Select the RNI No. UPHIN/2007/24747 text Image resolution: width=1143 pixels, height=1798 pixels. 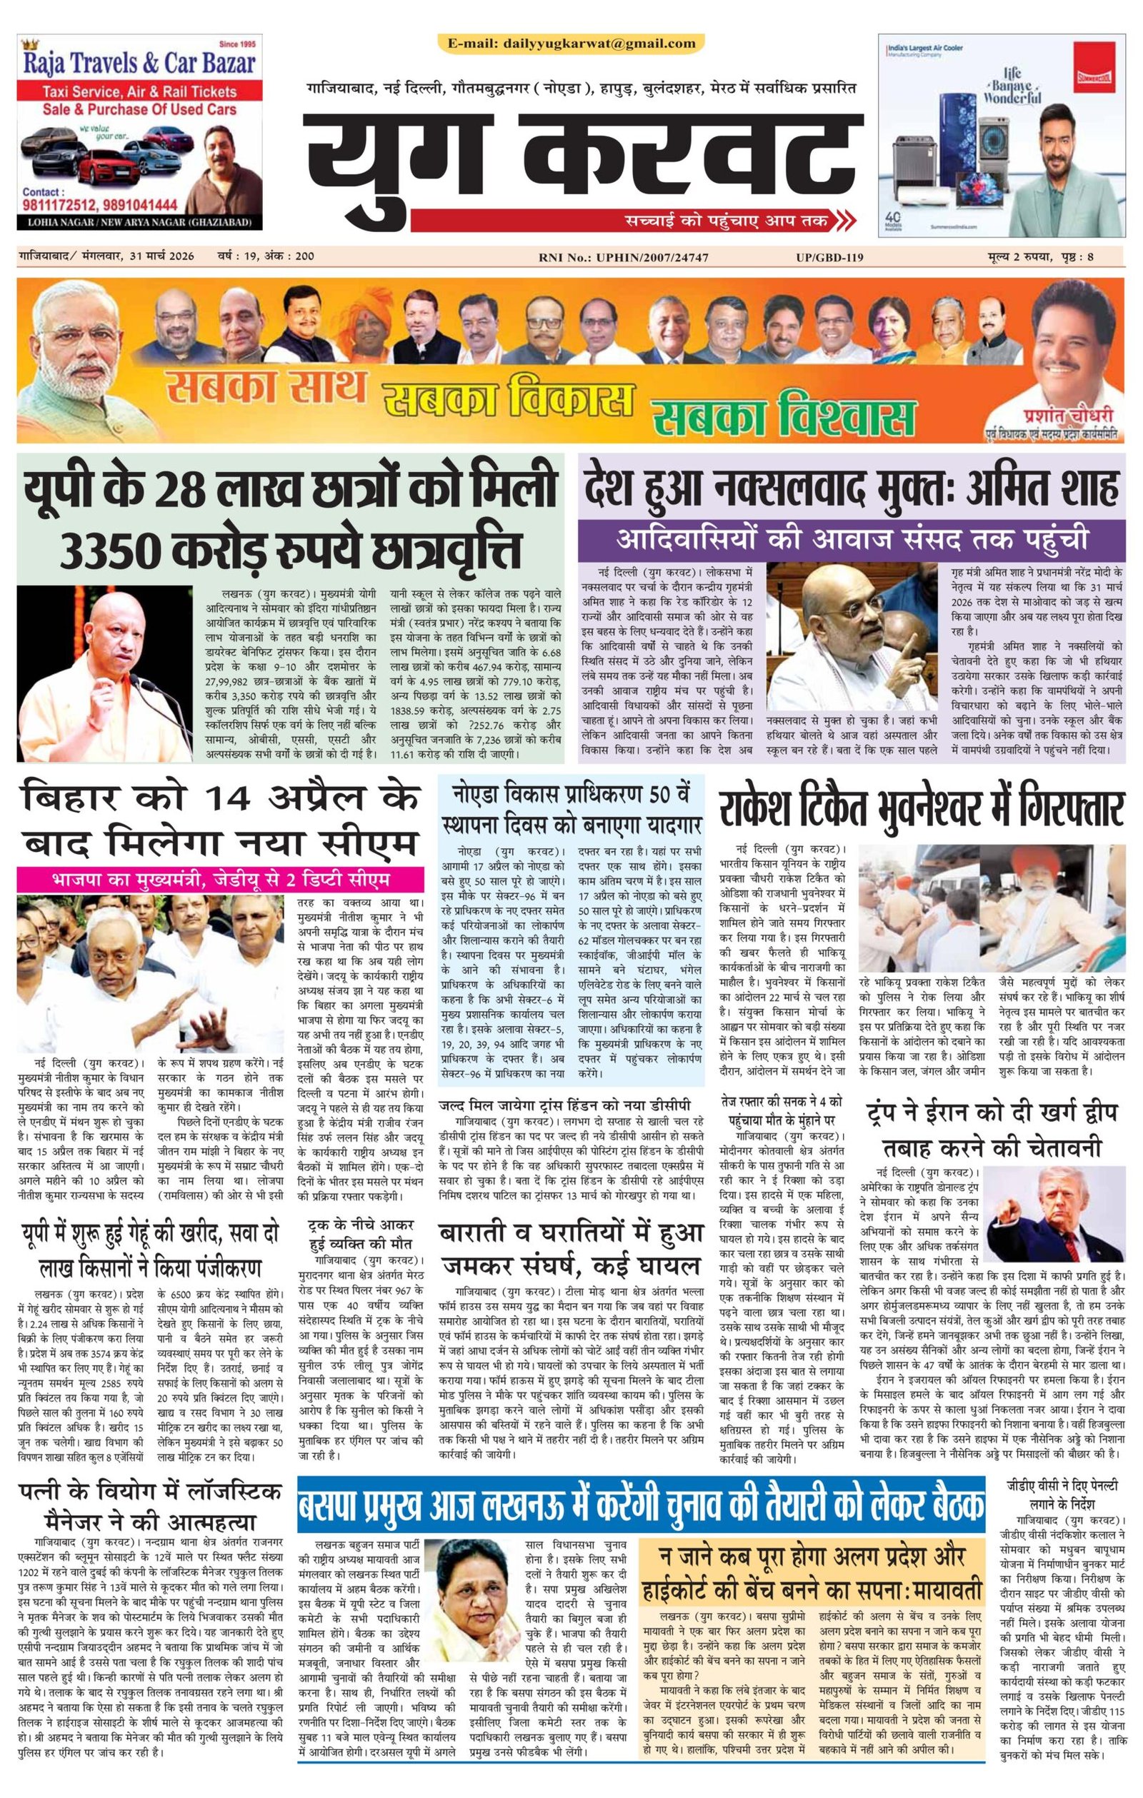click(x=623, y=258)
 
